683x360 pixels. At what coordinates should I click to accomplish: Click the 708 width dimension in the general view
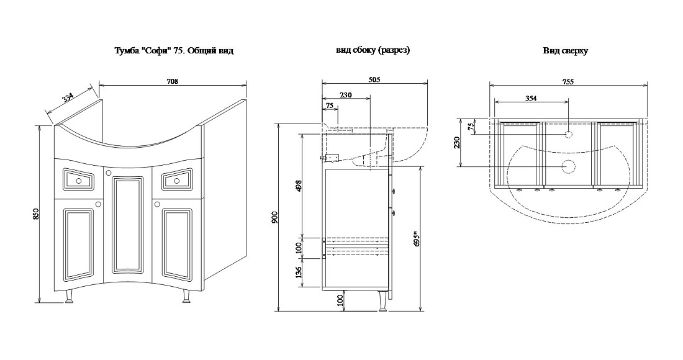click(173, 81)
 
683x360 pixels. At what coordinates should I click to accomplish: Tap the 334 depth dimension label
click(68, 97)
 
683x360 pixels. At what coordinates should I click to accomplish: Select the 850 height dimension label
click(36, 214)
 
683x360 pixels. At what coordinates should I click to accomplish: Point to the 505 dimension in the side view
click(374, 79)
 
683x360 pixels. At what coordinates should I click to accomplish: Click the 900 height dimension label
click(274, 218)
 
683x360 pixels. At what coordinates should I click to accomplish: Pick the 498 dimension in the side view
click(299, 186)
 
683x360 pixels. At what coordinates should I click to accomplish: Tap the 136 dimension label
click(299, 273)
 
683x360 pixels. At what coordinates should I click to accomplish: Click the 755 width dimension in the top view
click(568, 81)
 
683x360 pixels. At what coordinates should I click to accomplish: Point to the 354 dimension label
click(530, 99)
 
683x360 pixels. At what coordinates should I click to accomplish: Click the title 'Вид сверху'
click(566, 51)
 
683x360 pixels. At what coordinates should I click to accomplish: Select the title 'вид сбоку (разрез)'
click(373, 50)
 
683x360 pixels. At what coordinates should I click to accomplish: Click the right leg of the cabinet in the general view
click(186, 297)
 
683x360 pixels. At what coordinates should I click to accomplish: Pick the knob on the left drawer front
click(78, 180)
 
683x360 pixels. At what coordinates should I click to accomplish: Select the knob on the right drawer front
click(177, 180)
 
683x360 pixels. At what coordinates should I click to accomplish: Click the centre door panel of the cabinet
click(128, 226)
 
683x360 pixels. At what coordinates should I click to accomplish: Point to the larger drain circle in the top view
click(568, 166)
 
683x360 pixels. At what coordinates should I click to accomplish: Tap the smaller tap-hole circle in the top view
click(568, 135)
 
